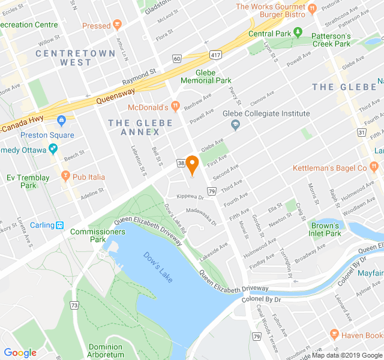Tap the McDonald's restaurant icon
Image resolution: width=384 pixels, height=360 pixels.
click(175, 107)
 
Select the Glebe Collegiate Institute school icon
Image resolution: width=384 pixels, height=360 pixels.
click(235, 125)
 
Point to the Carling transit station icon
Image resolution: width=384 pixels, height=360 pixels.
click(60, 225)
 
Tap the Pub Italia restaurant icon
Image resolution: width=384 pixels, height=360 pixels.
click(65, 176)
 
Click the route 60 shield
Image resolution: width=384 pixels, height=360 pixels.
click(176, 59)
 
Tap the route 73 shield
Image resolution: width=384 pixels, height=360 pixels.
click(74, 305)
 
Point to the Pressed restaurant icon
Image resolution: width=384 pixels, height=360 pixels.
click(117, 26)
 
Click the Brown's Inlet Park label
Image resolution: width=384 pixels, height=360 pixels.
click(326, 229)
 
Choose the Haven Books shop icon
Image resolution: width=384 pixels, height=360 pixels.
click(335, 335)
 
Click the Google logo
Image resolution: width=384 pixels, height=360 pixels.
click(20, 352)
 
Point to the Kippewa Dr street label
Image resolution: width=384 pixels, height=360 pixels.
click(190, 196)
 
